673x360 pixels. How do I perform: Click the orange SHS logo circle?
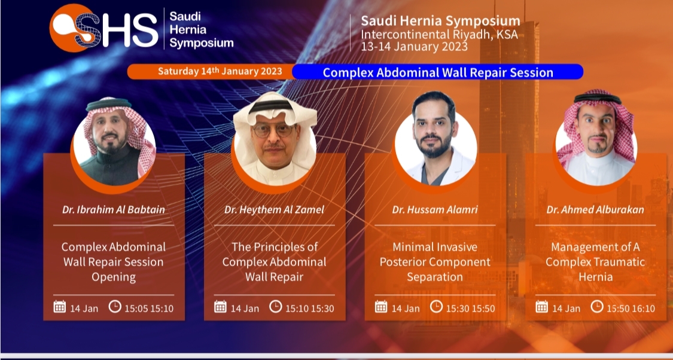tap(71, 28)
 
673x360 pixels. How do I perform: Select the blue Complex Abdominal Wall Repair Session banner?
tap(438, 72)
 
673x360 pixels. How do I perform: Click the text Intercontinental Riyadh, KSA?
tap(439, 34)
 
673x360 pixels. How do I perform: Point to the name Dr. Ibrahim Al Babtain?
tap(113, 210)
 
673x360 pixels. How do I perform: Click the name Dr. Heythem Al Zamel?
tap(274, 210)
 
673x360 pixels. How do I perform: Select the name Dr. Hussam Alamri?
tap(435, 210)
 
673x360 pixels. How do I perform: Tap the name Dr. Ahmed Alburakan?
tap(595, 210)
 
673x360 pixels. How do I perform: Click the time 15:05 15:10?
tap(149, 309)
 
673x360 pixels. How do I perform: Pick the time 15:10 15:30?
tap(309, 309)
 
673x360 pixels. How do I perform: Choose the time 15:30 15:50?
tap(470, 309)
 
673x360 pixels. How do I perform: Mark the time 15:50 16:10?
tap(631, 309)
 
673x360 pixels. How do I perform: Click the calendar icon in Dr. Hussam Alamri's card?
tap(380, 307)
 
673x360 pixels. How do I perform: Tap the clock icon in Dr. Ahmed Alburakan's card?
tap(597, 306)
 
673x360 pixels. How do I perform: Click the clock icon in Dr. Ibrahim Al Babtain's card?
tap(115, 306)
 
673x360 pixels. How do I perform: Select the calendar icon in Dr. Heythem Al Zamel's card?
tap(220, 307)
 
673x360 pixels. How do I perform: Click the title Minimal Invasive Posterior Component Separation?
tap(435, 262)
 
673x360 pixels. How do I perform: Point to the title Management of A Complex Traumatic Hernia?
tap(595, 262)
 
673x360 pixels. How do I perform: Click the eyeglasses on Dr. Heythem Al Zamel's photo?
tap(274, 130)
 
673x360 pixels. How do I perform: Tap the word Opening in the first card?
tap(113, 277)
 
